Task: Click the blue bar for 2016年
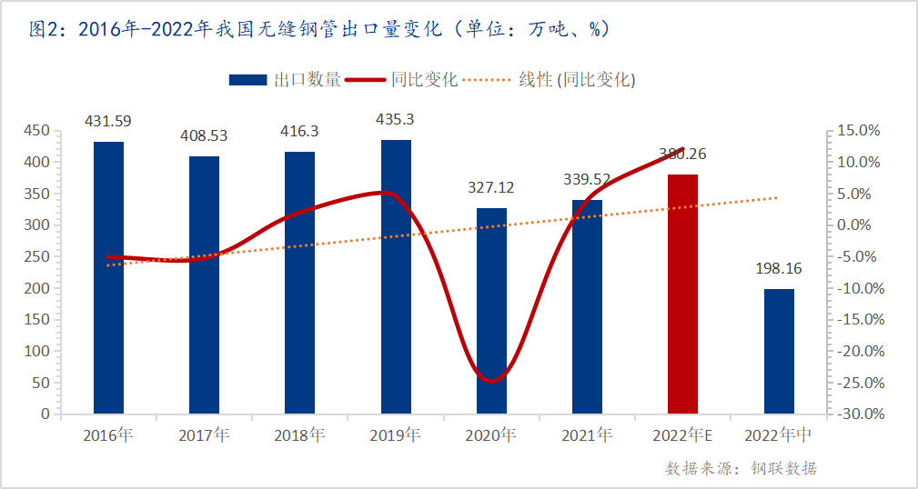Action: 108,277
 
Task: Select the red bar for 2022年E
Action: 682,294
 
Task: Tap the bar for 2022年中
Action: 779,351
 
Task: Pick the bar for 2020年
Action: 491,310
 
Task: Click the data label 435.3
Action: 396,119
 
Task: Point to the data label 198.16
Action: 779,269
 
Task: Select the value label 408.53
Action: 204,136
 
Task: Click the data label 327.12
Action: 491,187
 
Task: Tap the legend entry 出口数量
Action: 285,80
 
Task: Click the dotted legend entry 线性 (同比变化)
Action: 550,80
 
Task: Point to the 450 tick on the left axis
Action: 36,131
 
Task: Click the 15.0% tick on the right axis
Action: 858,131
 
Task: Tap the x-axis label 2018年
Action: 299,435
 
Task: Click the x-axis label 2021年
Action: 587,435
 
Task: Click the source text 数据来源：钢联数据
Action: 741,468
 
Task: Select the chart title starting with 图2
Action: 318,29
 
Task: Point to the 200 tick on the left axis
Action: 36,288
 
